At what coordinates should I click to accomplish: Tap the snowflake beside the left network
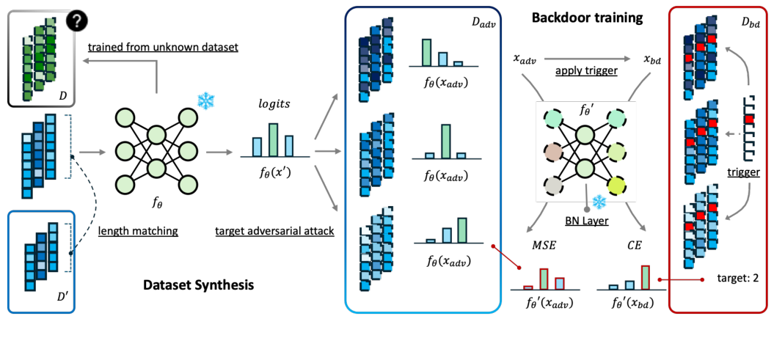click(x=205, y=100)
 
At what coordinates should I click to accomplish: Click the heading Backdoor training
click(x=587, y=19)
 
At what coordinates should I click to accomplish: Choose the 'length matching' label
click(x=138, y=229)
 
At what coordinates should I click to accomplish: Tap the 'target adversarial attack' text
click(x=275, y=230)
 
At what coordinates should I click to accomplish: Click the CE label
click(x=634, y=245)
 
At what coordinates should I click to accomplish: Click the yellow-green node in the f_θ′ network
click(x=616, y=186)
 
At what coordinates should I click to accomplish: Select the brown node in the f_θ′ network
click(x=554, y=153)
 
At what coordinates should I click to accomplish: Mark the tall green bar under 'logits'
click(x=273, y=139)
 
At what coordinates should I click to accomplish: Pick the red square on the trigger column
click(x=750, y=119)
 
